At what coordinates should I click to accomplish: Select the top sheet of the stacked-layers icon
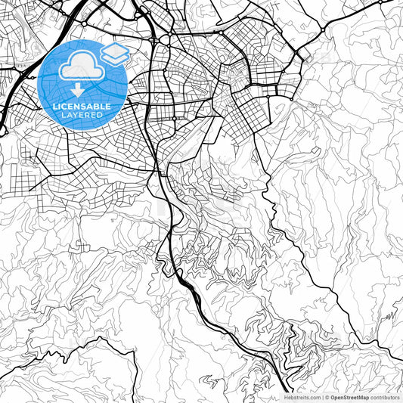click(x=115, y=50)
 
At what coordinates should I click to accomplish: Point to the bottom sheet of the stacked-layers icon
click(x=115, y=58)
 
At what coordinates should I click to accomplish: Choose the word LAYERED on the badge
click(x=82, y=116)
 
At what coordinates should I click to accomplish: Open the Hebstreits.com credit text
click(x=302, y=397)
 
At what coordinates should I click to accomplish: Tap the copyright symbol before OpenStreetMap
click(x=327, y=397)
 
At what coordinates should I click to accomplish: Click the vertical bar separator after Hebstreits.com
click(x=323, y=397)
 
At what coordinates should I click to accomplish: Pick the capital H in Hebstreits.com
click(x=286, y=397)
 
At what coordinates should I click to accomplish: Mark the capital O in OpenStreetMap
click(x=333, y=397)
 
